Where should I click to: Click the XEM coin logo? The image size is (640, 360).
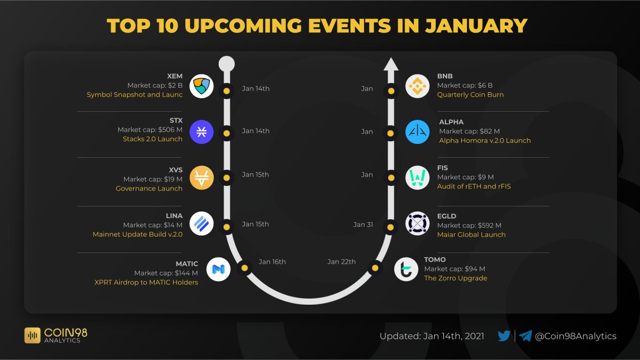pyautogui.click(x=202, y=86)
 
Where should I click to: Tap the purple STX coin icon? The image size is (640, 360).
pyautogui.click(x=202, y=132)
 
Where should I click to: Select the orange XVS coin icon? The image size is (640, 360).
pyautogui.click(x=202, y=178)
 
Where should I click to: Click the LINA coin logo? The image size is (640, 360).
pyautogui.click(x=202, y=223)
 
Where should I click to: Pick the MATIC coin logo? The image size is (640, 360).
pyautogui.click(x=218, y=269)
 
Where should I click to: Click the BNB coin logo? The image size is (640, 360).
pyautogui.click(x=417, y=86)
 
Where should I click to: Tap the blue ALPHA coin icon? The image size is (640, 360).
pyautogui.click(x=417, y=132)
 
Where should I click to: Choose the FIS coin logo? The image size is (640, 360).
pyautogui.click(x=417, y=178)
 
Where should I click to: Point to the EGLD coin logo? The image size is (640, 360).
pyautogui.click(x=417, y=223)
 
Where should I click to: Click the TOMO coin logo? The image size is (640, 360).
pyautogui.click(x=406, y=269)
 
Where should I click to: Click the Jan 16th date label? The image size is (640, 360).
pyautogui.click(x=272, y=262)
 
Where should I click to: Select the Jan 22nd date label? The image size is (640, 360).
pyautogui.click(x=341, y=262)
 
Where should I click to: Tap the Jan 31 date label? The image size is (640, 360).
pyautogui.click(x=363, y=225)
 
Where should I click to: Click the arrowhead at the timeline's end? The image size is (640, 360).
pyautogui.click(x=391, y=65)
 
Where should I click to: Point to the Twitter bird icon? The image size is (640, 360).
pyautogui.click(x=503, y=335)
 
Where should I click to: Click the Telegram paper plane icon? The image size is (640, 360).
pyautogui.click(x=525, y=335)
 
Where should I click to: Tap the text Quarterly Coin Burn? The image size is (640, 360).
pyautogui.click(x=470, y=94)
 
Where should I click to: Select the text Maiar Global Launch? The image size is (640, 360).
pyautogui.click(x=471, y=235)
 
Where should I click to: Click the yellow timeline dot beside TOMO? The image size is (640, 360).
pyautogui.click(x=375, y=268)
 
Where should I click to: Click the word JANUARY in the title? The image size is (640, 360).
pyautogui.click(x=476, y=26)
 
